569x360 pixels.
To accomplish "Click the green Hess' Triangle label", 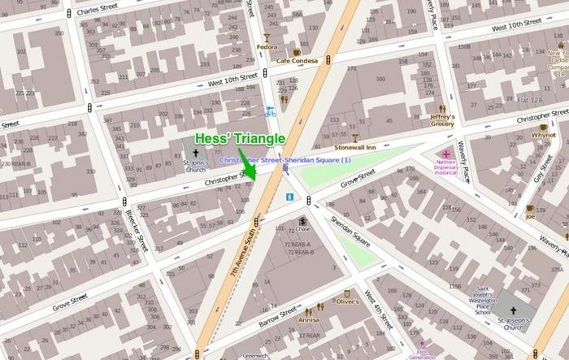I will coord(240,139).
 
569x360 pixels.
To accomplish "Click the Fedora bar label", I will coord(266,46).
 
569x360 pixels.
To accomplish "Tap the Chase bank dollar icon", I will coord(302,221).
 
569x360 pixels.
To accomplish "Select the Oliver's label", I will coord(347,301).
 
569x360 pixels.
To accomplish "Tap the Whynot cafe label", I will coord(543,135).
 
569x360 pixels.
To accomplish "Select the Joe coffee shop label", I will coord(530,217).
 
